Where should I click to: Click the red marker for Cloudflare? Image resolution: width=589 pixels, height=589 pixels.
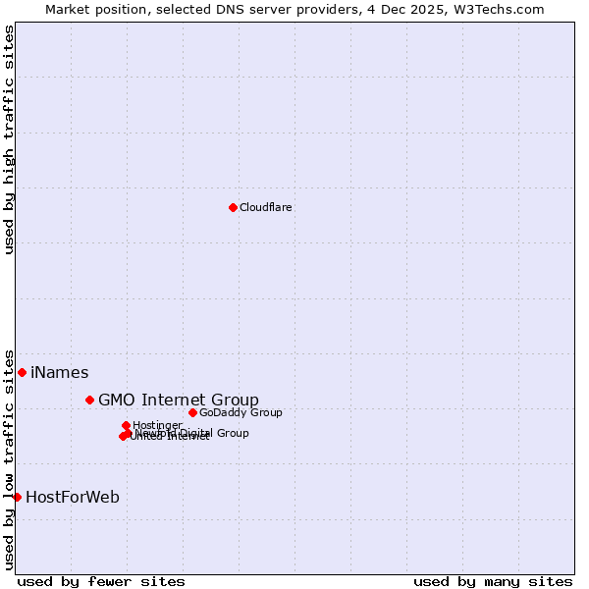(x=233, y=207)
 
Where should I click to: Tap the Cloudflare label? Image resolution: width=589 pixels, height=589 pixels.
(x=265, y=207)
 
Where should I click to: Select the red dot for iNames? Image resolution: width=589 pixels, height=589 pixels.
(x=22, y=372)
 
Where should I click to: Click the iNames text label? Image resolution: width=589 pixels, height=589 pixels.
(x=59, y=372)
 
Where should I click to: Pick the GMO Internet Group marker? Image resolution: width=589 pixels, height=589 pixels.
(x=89, y=400)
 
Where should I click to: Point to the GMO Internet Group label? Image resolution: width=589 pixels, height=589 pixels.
(x=179, y=400)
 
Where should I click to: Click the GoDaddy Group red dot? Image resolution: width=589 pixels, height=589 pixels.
(x=192, y=412)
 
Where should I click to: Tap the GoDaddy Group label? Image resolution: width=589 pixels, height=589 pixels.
(x=241, y=412)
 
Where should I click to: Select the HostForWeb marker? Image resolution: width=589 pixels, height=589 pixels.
(x=17, y=497)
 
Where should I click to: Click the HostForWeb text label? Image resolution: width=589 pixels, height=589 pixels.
(x=73, y=497)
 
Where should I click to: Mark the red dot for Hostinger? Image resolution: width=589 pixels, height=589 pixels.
(x=126, y=425)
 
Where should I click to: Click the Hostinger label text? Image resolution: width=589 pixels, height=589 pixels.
(x=157, y=425)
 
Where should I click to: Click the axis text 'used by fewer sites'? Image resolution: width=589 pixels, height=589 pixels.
(x=101, y=581)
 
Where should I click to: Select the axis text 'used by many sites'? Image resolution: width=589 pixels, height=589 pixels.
(x=493, y=581)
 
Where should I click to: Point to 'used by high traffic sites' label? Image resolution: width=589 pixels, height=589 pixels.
(x=10, y=139)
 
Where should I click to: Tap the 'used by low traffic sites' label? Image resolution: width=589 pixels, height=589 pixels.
(x=10, y=459)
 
